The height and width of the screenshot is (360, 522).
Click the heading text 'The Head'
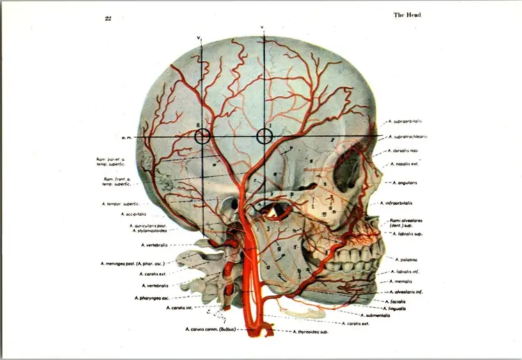(407, 15)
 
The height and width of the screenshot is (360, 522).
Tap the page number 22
(108, 18)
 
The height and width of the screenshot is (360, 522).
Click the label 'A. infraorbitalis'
(404, 203)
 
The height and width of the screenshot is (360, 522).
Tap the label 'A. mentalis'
(403, 281)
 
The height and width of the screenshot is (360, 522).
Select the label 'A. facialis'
(403, 302)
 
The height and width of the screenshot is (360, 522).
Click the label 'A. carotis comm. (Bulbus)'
(211, 329)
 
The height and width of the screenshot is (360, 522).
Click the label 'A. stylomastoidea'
(149, 230)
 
